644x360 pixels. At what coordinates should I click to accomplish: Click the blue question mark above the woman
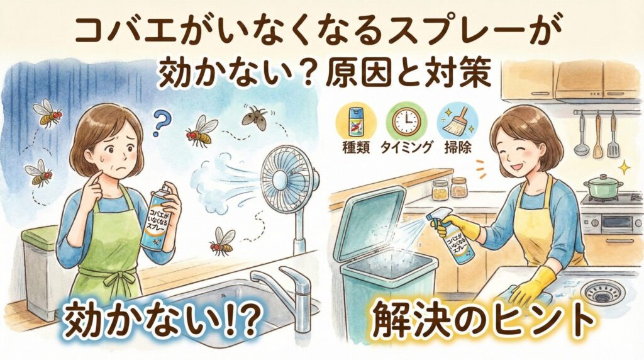point(162,121)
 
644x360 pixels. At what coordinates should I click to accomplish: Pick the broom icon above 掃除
point(457,121)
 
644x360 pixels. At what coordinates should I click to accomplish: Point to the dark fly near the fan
point(255,116)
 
